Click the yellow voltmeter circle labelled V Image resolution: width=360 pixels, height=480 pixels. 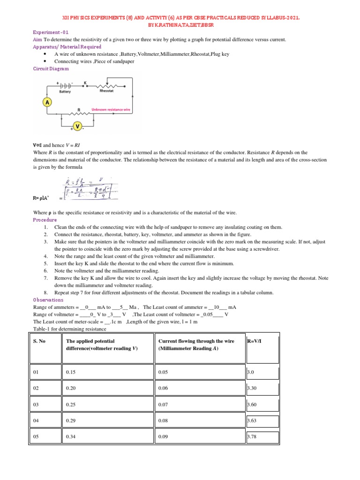(x=77, y=126)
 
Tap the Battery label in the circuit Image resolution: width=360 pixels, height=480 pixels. (x=65, y=92)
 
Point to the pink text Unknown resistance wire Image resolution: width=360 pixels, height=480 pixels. (x=110, y=109)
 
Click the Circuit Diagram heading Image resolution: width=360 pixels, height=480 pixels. (x=51, y=68)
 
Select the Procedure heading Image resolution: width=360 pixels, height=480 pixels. (x=45, y=220)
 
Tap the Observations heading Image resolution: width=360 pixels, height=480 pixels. (x=48, y=300)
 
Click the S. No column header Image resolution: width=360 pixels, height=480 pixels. (x=39, y=341)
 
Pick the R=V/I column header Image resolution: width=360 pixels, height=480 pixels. (x=256, y=341)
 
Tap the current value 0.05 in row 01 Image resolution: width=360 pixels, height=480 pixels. (x=164, y=373)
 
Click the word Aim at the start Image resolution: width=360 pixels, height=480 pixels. (x=37, y=40)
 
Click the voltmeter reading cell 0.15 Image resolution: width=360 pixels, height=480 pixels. (x=71, y=373)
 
